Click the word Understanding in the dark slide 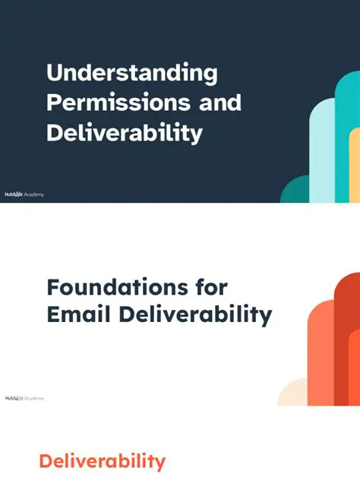pyautogui.click(x=131, y=74)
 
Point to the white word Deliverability pyautogui.click(x=124, y=133)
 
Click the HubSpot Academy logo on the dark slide pyautogui.click(x=24, y=194)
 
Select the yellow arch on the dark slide pyautogui.click(x=354, y=171)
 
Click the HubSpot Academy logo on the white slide pyautogui.click(x=24, y=398)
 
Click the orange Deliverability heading pyautogui.click(x=102, y=460)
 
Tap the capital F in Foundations pyautogui.click(x=53, y=288)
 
